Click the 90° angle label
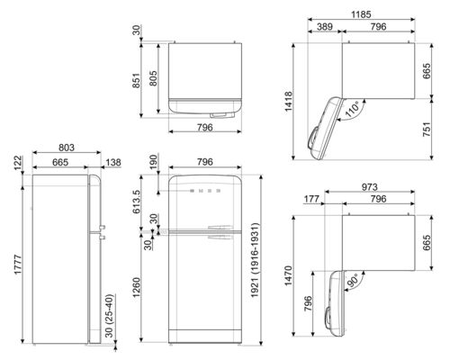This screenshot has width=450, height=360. coord(355,279)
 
